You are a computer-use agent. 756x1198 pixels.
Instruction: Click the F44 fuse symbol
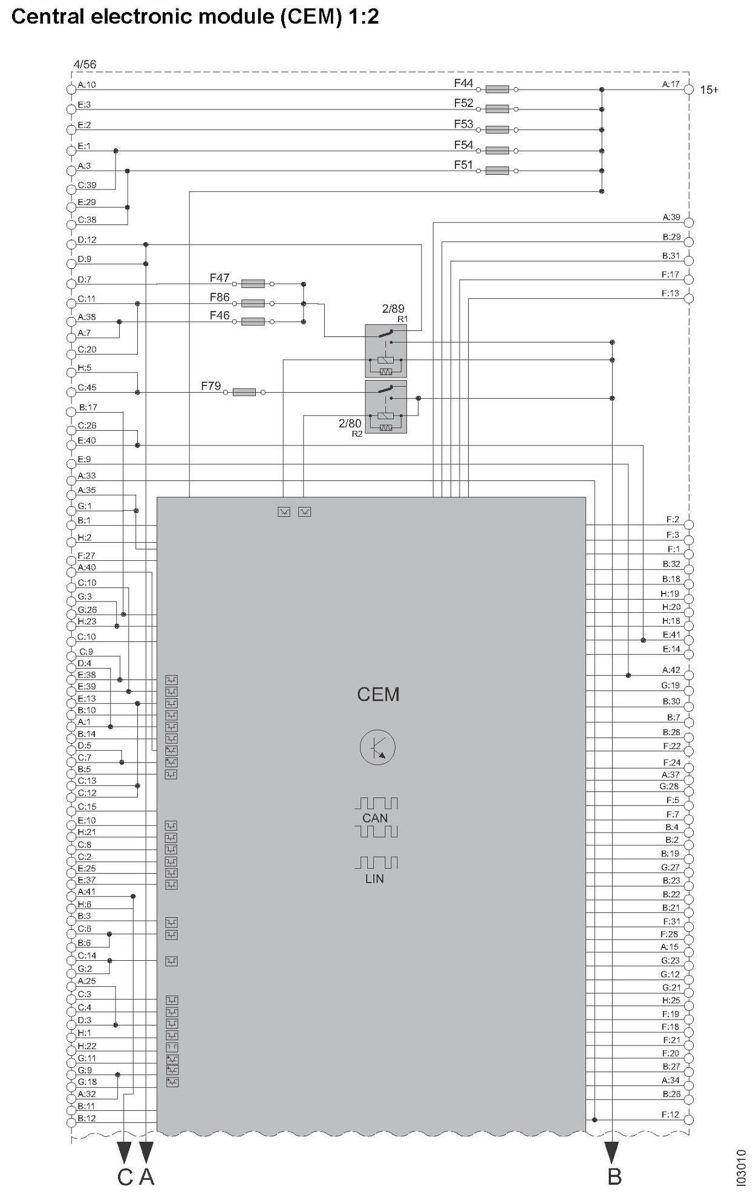497,89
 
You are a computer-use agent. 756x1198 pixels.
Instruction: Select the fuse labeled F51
497,171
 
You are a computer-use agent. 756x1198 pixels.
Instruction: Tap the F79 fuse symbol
244,392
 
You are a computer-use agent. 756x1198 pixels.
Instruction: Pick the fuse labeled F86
253,303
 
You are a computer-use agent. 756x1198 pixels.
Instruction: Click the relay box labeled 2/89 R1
386,351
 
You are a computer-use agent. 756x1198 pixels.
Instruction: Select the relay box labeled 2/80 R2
386,407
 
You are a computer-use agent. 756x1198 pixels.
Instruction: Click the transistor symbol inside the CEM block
377,747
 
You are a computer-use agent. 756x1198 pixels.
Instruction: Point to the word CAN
375,818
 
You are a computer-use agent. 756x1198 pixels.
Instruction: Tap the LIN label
374,879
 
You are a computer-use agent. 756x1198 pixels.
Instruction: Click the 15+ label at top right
709,90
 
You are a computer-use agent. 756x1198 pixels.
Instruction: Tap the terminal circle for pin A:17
688,90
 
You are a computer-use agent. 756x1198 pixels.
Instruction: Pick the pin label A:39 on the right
671,217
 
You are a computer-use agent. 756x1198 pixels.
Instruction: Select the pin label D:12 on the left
86,240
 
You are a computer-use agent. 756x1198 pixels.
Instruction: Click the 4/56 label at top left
85,64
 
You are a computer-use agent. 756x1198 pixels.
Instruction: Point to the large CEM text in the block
378,694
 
